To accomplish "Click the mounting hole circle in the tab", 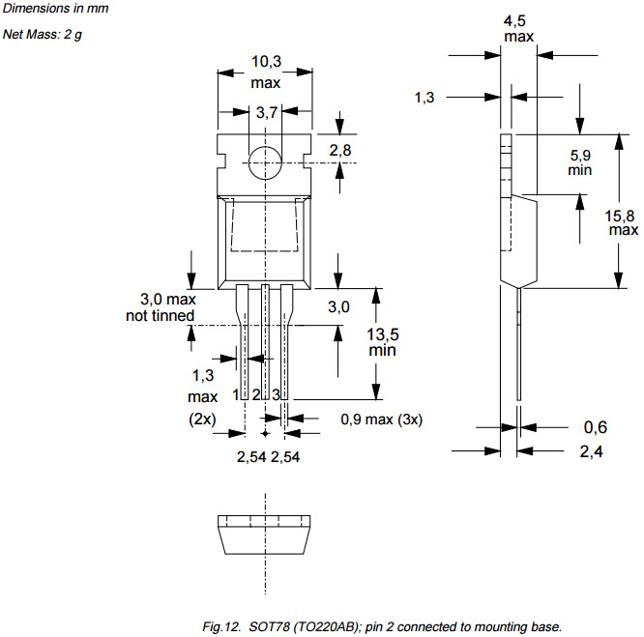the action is (249, 163).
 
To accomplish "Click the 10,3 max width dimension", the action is (266, 72).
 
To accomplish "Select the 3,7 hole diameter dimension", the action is (267, 112).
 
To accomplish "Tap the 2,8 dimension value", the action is (340, 150).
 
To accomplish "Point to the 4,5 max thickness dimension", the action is (518, 28).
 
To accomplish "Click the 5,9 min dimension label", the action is (580, 162).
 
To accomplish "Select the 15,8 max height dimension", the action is (621, 222).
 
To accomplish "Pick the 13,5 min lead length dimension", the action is (382, 342).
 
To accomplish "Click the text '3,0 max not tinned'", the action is (161, 307).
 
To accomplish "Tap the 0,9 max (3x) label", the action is (382, 420).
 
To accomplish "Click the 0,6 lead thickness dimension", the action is (595, 427).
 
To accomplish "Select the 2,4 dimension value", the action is (592, 451).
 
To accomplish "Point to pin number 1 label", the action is (236, 394).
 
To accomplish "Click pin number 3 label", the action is (276, 394).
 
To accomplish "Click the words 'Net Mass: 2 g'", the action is (43, 34).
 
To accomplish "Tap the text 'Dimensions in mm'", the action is (55, 8).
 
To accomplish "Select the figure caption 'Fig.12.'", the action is (221, 626).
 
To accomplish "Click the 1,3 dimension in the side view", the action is (424, 98).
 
